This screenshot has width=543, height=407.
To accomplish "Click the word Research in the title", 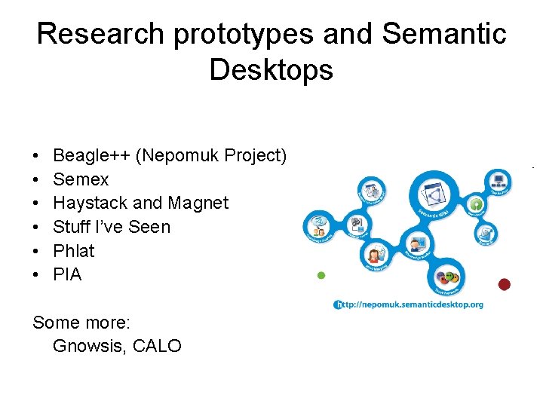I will click(x=100, y=34).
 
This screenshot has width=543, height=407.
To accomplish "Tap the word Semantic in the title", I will click(x=444, y=34).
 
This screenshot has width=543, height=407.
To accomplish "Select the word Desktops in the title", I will click(x=271, y=70).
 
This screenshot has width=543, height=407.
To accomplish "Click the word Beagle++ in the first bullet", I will click(x=91, y=156).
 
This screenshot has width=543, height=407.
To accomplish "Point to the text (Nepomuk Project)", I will click(x=211, y=156).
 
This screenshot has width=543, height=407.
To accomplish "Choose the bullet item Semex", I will click(x=81, y=179).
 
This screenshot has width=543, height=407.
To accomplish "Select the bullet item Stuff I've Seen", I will click(x=112, y=227).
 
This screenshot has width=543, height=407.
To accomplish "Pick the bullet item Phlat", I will click(x=74, y=251).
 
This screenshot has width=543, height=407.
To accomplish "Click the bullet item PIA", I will click(x=67, y=275).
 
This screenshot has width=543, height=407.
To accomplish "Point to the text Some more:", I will click(x=81, y=323).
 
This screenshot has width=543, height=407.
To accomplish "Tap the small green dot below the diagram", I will click(x=321, y=276).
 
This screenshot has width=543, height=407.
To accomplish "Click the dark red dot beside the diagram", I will click(x=505, y=284).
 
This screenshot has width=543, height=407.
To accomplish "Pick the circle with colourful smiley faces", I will click(x=447, y=277).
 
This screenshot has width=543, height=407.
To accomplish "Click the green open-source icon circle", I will click(x=476, y=204).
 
